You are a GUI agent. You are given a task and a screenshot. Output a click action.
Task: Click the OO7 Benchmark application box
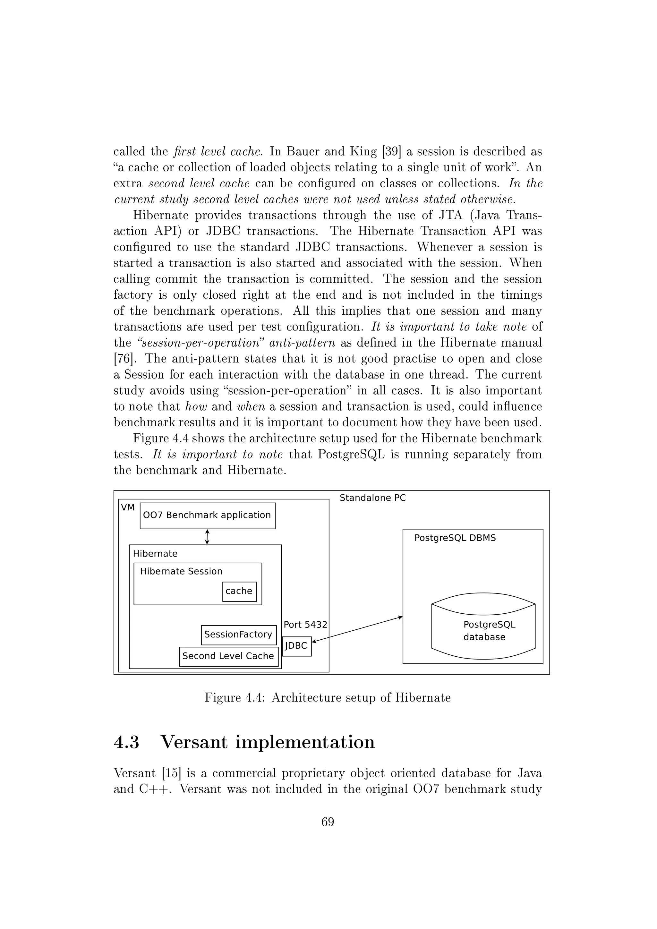(x=207, y=516)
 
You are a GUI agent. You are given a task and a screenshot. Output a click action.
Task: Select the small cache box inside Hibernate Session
(x=239, y=591)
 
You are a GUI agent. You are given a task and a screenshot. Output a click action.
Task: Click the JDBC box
(x=296, y=646)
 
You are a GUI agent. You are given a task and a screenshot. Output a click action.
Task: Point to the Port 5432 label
(x=305, y=625)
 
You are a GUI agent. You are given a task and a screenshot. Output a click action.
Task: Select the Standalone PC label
(x=372, y=498)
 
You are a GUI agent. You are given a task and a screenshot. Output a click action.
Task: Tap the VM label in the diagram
(x=127, y=507)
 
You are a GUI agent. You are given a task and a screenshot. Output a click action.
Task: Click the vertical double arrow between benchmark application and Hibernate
(x=207, y=537)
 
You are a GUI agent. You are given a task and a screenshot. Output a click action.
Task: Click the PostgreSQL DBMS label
(x=455, y=538)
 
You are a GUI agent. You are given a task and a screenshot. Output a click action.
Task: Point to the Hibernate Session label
(x=181, y=571)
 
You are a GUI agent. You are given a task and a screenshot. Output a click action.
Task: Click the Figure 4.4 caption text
(x=327, y=698)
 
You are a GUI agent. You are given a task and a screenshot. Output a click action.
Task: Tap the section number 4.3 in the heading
(x=127, y=742)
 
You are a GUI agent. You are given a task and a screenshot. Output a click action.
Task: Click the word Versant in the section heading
(x=194, y=742)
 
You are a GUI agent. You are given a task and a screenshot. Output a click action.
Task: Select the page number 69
(x=327, y=822)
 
